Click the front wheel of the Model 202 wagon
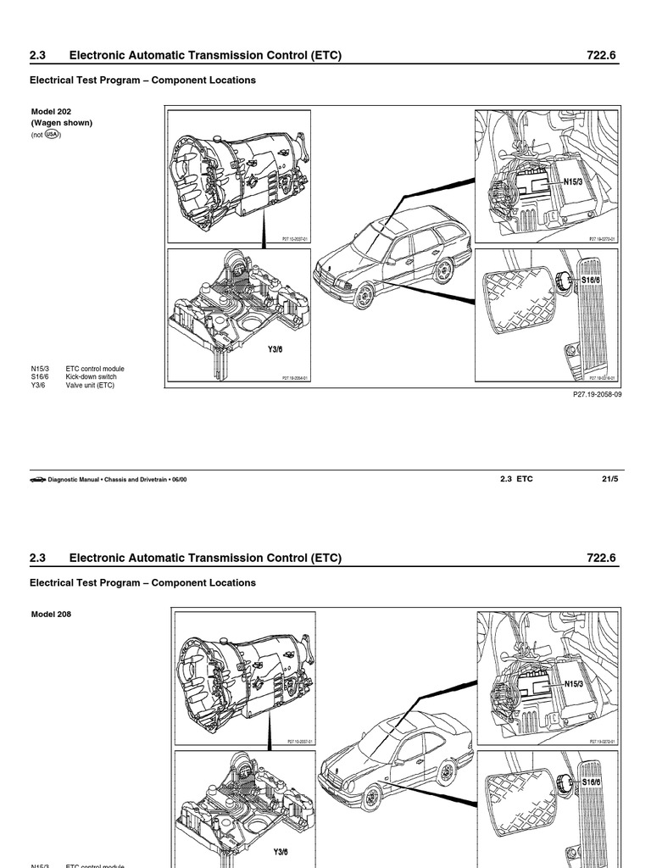[364, 296]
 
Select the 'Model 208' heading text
[51, 615]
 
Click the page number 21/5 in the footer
[610, 479]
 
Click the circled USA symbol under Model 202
[53, 134]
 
